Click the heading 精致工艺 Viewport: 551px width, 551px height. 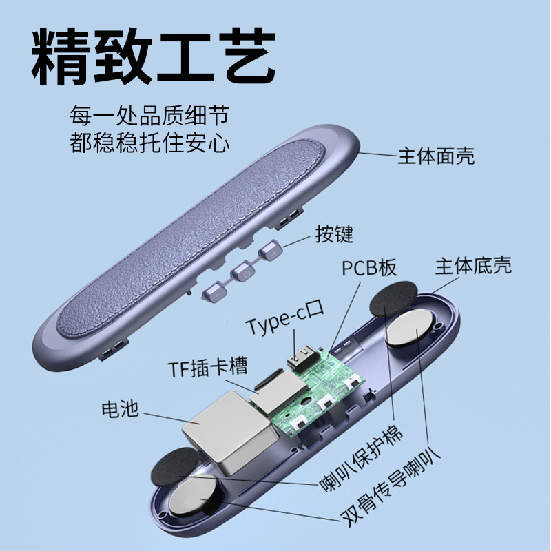[154, 54]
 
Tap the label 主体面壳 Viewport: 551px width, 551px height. [435, 156]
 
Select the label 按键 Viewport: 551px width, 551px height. [334, 234]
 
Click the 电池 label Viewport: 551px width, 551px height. [120, 410]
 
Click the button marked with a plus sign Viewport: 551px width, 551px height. [270, 253]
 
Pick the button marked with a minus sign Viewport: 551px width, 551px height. [212, 292]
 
